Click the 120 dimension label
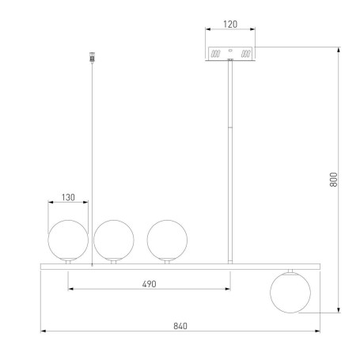click(x=230, y=24)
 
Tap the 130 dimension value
click(x=68, y=197)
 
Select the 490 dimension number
click(x=149, y=284)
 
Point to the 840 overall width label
click(x=180, y=326)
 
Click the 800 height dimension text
click(x=334, y=180)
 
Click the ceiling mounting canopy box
click(x=230, y=54)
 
